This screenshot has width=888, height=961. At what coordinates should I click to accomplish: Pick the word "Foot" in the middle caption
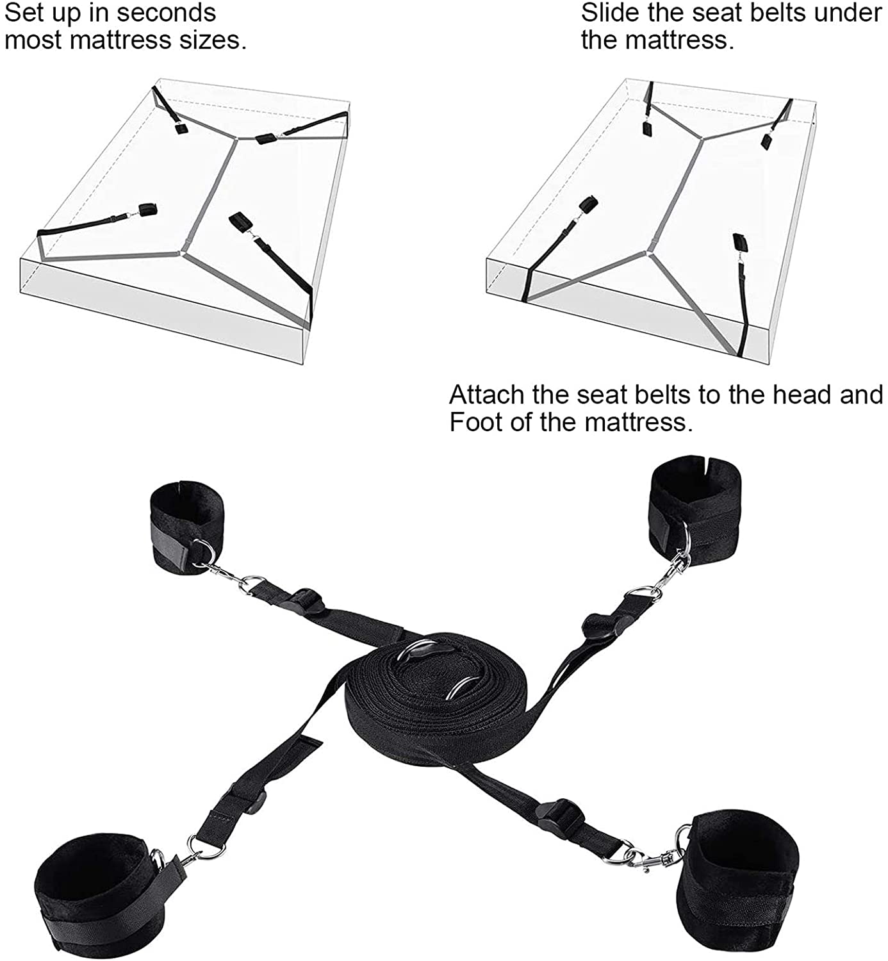tap(472, 423)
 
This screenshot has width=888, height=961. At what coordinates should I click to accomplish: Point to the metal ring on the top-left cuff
tap(202, 550)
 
